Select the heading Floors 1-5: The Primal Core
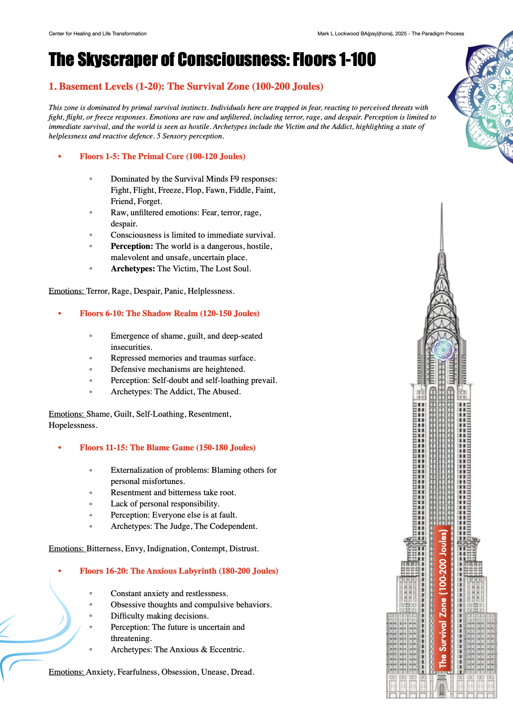(x=162, y=157)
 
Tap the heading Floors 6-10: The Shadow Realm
(x=169, y=314)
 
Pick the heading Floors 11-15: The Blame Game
(x=167, y=448)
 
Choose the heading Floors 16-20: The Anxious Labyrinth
(x=178, y=571)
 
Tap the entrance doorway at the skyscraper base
(x=442, y=688)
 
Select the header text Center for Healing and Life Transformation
(x=97, y=34)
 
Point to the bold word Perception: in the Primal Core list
(x=131, y=246)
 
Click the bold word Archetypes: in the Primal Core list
(x=132, y=269)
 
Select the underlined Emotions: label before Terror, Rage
(x=67, y=291)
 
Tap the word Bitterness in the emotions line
(x=104, y=549)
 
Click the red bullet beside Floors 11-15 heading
(x=60, y=448)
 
